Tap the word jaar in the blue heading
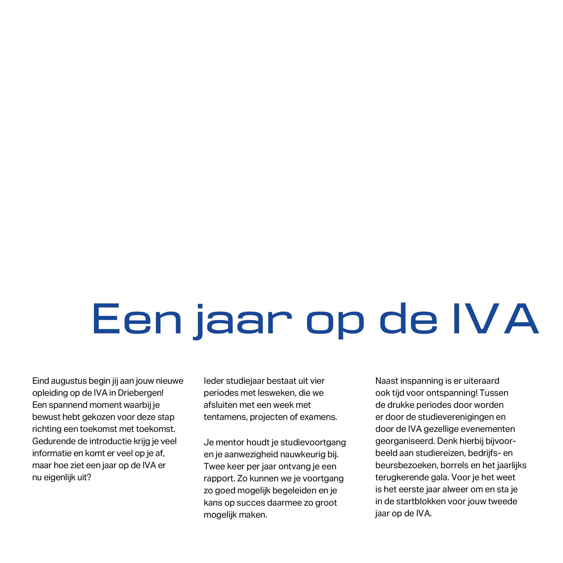243,321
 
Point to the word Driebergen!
141,393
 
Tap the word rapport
219,479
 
